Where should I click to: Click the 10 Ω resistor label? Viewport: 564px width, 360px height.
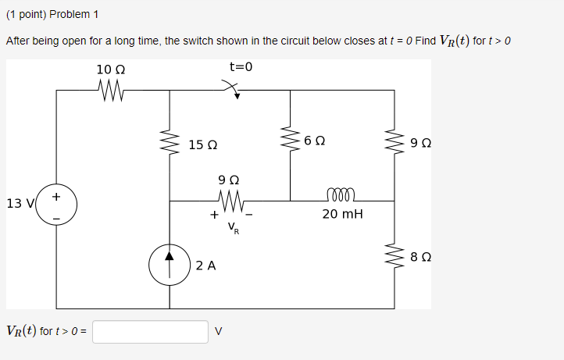pyautogui.click(x=110, y=70)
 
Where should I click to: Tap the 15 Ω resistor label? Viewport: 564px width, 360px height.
pyautogui.click(x=203, y=145)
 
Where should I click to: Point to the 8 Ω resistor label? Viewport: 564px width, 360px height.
pyautogui.click(x=419, y=255)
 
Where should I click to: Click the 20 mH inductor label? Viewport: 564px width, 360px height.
pyautogui.click(x=342, y=213)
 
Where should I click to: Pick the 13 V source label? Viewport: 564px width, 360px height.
pyautogui.click(x=19, y=204)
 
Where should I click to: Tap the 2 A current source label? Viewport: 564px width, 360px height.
pyautogui.click(x=205, y=266)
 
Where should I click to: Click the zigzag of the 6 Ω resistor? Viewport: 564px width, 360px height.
pyautogui.click(x=291, y=141)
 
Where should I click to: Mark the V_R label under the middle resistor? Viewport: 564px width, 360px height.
pyautogui.click(x=234, y=227)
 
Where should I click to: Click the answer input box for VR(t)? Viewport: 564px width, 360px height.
pyautogui.click(x=150, y=331)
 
